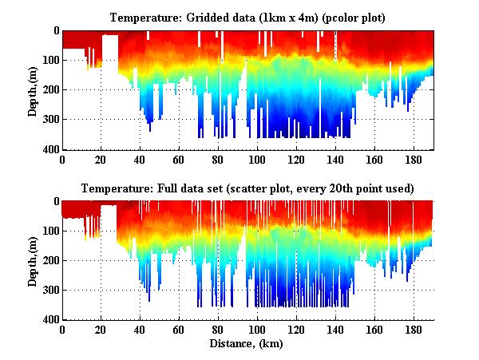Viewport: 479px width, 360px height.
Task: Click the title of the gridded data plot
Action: (x=247, y=17)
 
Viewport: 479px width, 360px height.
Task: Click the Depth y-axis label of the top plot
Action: (x=33, y=91)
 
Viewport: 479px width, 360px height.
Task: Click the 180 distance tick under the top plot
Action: (x=414, y=159)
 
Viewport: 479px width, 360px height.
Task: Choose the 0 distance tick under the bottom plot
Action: (x=62, y=330)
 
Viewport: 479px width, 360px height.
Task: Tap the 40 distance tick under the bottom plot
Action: (x=140, y=330)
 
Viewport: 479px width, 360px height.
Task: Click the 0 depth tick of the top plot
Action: (x=55, y=30)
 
